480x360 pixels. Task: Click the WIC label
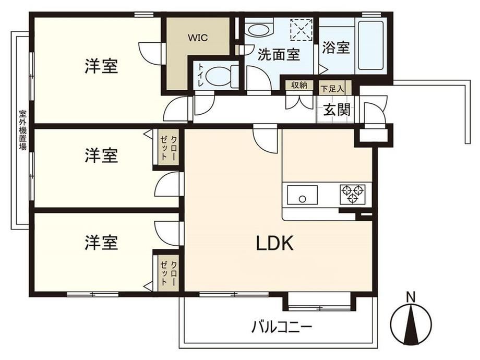[198, 38]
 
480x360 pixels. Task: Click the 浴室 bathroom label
[336, 47]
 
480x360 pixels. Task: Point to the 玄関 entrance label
[337, 110]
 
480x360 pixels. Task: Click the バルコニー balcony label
[282, 327]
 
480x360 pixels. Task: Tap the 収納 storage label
[299, 85]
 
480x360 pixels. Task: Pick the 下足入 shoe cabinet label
[332, 89]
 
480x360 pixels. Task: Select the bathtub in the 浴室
[371, 45]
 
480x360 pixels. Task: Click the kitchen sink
[302, 195]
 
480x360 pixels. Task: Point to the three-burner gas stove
[352, 194]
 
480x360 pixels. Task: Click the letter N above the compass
[411, 297]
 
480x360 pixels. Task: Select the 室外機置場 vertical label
[22, 130]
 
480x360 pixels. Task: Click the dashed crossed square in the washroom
[301, 29]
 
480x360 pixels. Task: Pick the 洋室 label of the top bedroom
[101, 66]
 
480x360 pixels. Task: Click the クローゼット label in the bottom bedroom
[169, 273]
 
